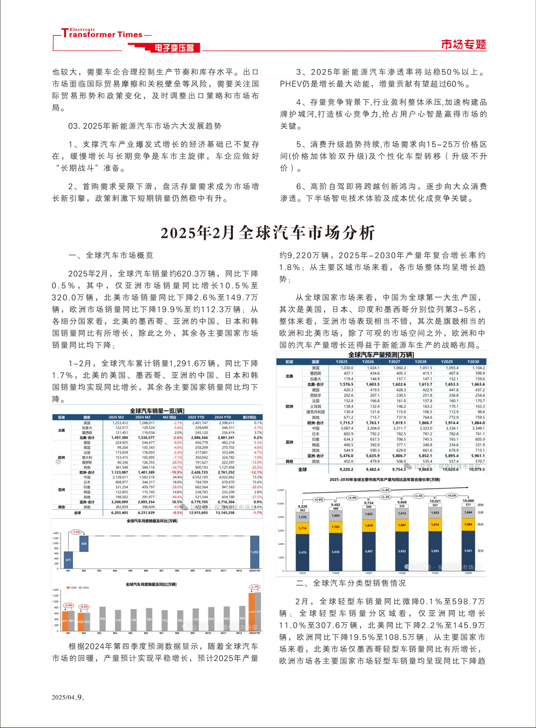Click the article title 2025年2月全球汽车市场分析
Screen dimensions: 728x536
click(x=268, y=233)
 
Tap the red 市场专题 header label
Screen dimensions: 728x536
click(x=463, y=45)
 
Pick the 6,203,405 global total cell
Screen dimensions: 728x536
click(x=118, y=513)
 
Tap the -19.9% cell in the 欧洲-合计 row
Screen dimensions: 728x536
click(x=176, y=472)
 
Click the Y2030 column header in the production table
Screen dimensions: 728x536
click(x=473, y=362)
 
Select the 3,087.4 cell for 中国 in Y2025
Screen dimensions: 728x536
click(x=346, y=428)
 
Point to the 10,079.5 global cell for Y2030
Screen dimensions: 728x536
click(x=476, y=469)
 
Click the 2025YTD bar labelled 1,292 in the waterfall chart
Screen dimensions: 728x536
click(x=254, y=552)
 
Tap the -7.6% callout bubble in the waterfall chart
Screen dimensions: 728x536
click(x=76, y=532)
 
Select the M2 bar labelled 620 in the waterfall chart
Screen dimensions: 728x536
click(x=84, y=544)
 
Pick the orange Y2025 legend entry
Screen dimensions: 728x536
click(x=71, y=588)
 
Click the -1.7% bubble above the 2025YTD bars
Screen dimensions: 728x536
click(x=254, y=587)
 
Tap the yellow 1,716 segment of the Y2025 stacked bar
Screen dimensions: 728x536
click(x=302, y=528)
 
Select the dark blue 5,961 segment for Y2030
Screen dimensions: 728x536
click(x=468, y=551)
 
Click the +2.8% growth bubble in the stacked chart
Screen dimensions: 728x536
click(x=318, y=499)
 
